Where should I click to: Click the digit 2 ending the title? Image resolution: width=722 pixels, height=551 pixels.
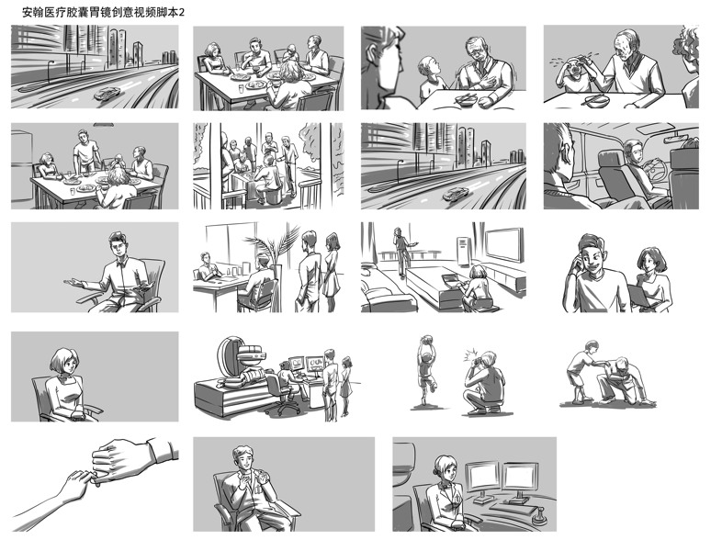182,13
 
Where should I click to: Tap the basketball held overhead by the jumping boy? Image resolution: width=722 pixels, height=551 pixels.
428,340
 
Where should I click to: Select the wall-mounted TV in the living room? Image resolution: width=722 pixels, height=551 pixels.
504,245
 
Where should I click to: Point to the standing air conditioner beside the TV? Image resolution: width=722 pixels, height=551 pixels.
463,252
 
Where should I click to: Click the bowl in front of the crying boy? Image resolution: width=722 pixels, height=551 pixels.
597,99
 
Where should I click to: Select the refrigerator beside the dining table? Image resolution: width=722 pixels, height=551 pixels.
21,166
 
